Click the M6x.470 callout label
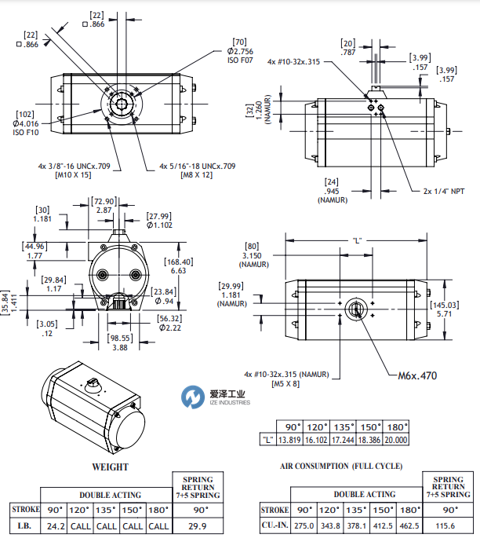418,375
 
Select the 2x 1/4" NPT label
444,191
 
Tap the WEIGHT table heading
110,467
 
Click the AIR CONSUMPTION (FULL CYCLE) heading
341,466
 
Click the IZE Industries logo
216,397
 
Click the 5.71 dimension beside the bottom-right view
443,313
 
